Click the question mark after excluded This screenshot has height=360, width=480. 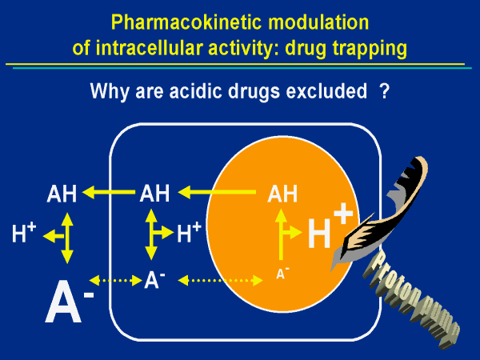(x=385, y=91)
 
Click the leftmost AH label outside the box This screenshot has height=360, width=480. (x=62, y=193)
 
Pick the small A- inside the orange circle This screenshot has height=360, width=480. (x=282, y=274)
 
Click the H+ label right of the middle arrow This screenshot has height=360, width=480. (x=189, y=234)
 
